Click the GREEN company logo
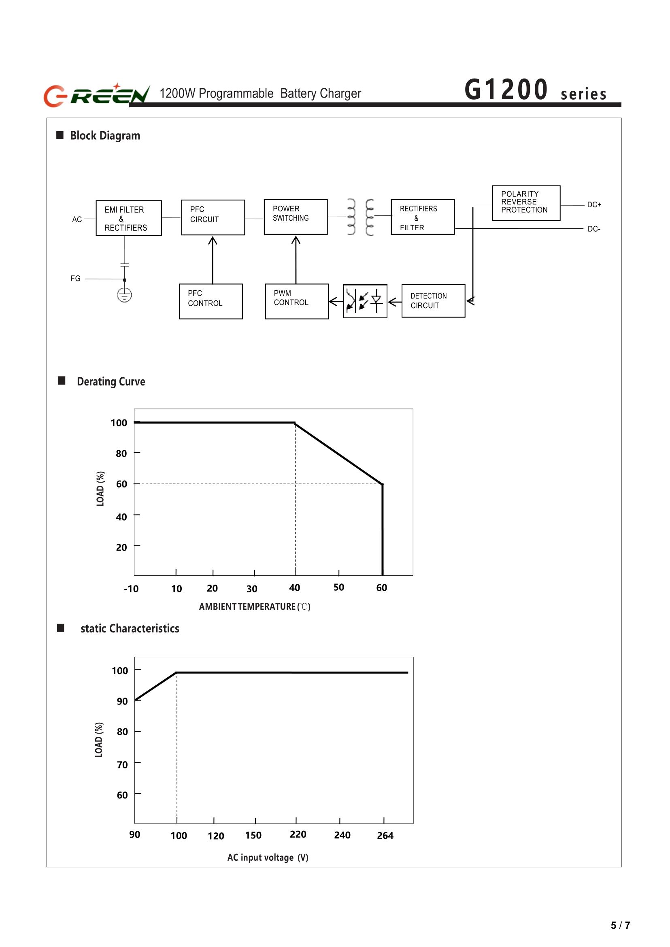(96, 94)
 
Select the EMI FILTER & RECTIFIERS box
(128, 218)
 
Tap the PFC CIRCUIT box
(213, 217)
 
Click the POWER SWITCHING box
(296, 217)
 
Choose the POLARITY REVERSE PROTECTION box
(526, 203)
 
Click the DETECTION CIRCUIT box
(433, 301)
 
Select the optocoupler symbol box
(365, 301)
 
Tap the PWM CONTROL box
(297, 301)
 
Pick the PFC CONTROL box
(211, 301)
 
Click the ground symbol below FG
(125, 295)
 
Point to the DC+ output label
(594, 205)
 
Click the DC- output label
(593, 229)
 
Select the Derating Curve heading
(111, 381)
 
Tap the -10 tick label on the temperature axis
(131, 589)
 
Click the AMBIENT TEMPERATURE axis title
(255, 607)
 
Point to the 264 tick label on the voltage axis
(385, 836)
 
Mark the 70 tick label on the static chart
(122, 765)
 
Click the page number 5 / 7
(620, 925)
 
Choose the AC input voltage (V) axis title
(268, 858)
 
